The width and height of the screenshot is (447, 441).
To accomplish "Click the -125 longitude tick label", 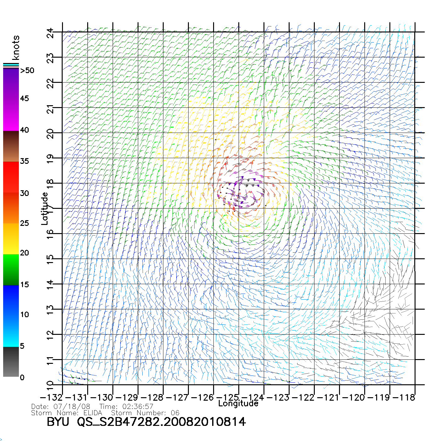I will pyautogui.click(x=229, y=398).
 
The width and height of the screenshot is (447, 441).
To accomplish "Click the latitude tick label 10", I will pyautogui.click(x=50, y=385).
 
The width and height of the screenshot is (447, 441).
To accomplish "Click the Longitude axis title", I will pyautogui.click(x=238, y=404).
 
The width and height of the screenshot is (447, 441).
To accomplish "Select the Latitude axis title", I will pyautogui.click(x=45, y=209).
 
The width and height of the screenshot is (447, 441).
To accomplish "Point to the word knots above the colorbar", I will pyautogui.click(x=16, y=48).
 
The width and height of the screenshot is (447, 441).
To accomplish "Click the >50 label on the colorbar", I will pyautogui.click(x=27, y=71).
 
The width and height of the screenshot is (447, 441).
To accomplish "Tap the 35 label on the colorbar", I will pyautogui.click(x=25, y=161).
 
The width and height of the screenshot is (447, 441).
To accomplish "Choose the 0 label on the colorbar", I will pyautogui.click(x=22, y=378).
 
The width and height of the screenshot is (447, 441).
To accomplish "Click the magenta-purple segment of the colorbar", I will pyautogui.click(x=11, y=99).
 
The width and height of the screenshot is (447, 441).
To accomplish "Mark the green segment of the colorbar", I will pyautogui.click(x=11, y=269).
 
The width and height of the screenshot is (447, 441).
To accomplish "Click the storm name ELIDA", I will pyautogui.click(x=93, y=413).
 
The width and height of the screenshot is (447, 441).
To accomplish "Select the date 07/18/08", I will pyautogui.click(x=72, y=407).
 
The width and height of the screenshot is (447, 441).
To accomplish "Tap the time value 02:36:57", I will pyautogui.click(x=138, y=407).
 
